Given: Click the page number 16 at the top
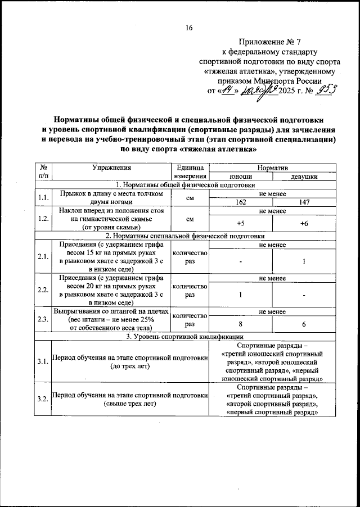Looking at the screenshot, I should tap(189, 29).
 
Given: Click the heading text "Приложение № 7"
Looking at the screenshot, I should tap(270, 42).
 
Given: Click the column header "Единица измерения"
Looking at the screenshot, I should tap(190, 172).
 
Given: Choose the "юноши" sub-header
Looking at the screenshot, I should tap(240, 176).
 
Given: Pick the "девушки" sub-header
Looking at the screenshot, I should tap(304, 176).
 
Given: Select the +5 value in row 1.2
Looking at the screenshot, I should tap(240, 223).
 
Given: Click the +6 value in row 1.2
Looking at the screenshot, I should tap(304, 223).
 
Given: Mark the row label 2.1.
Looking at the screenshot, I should tap(43, 257).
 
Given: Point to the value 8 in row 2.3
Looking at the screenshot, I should tap(240, 325).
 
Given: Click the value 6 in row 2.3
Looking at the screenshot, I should tap(304, 325).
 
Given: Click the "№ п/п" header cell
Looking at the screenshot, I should tap(43, 172).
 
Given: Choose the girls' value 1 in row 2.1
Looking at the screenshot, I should tap(304, 261).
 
